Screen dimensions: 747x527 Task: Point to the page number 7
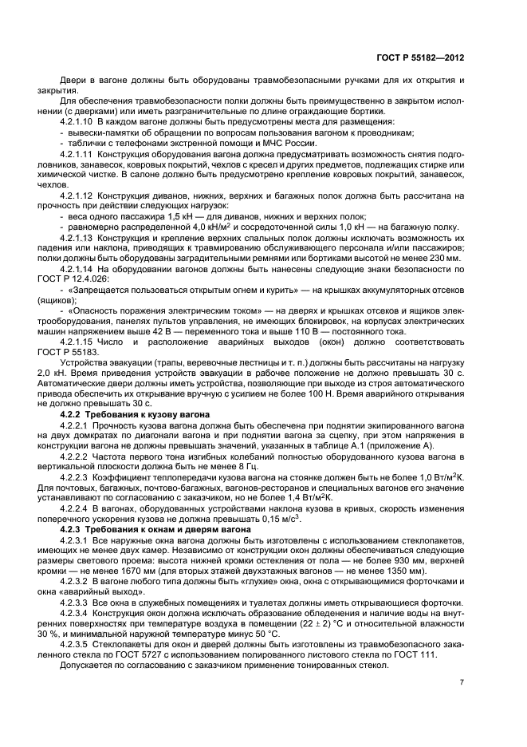[x=462, y=682]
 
